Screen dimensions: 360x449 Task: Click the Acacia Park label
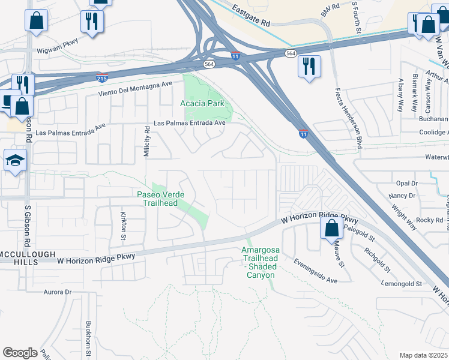point(202,103)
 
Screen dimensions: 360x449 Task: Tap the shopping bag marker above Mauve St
point(331,229)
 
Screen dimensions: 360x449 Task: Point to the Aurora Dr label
point(58,292)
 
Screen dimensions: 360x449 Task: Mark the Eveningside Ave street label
point(316,272)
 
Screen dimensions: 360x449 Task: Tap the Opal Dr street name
point(406,183)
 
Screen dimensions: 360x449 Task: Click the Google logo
point(20,353)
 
